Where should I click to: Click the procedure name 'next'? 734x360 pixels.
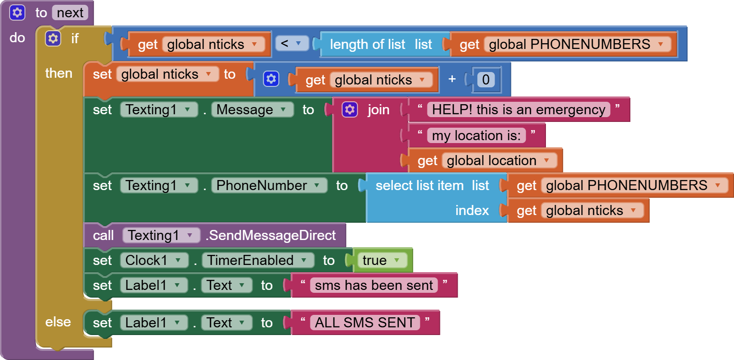[70, 13]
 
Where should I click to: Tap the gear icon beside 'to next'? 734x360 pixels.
[17, 13]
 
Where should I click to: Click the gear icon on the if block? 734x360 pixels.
[53, 38]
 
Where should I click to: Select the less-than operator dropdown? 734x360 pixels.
[292, 44]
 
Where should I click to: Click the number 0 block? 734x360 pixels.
[485, 79]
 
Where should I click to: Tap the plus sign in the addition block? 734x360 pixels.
[452, 79]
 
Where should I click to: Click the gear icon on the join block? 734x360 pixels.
[350, 110]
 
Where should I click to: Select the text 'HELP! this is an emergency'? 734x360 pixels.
[518, 109]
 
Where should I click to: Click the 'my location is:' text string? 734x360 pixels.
[476, 135]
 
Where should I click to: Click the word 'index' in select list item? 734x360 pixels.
[472, 210]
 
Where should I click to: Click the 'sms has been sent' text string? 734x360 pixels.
[374, 285]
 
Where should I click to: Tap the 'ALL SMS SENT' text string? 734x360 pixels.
[365, 323]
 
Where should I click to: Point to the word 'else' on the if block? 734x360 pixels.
[58, 322]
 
